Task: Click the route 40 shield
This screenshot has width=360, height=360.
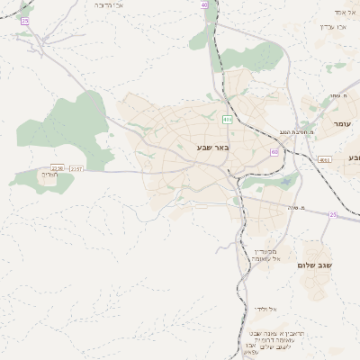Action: [x=205, y=4]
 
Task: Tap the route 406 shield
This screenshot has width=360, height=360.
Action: [x=227, y=119]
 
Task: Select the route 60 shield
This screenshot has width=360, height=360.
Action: [x=274, y=152]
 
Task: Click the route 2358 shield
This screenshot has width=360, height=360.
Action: [x=58, y=167]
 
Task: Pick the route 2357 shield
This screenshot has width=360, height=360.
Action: [x=76, y=167]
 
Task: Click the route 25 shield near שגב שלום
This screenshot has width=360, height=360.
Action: [x=332, y=214]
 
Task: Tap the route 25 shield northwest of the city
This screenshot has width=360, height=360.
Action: [x=24, y=21]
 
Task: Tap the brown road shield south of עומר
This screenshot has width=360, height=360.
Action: [x=325, y=159]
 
